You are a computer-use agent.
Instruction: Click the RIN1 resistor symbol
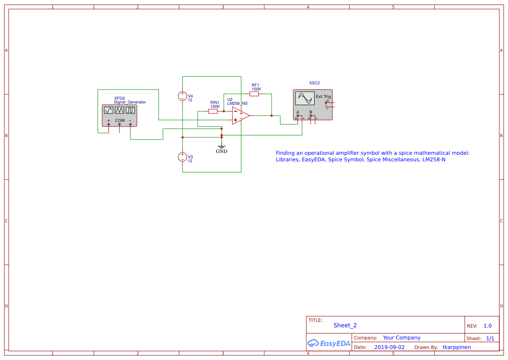(213, 111)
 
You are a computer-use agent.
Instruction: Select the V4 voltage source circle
(183, 96)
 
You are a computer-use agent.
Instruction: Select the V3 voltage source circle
(183, 157)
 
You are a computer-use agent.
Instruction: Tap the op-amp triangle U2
(240, 116)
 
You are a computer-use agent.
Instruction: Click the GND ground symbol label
(222, 151)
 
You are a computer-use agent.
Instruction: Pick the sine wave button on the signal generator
(109, 110)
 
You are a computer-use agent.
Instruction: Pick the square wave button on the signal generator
(130, 110)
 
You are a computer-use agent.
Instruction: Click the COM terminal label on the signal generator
(120, 120)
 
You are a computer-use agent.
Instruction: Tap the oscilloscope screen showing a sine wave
(304, 98)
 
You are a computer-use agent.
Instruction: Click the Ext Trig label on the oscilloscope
(323, 97)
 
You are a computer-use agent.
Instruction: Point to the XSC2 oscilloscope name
(314, 83)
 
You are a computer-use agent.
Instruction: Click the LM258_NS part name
(237, 103)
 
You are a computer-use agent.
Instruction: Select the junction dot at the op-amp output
(272, 116)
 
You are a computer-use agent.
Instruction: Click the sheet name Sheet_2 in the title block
(345, 325)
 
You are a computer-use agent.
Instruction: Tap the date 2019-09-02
(389, 347)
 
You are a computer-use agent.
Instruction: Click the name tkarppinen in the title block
(456, 347)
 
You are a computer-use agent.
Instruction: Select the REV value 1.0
(488, 326)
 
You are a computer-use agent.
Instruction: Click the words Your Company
(402, 338)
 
